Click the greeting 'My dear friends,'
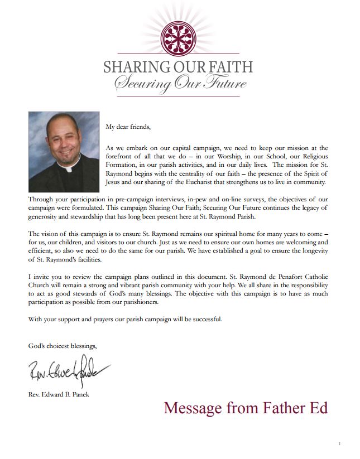coord(128,127)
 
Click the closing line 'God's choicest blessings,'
coord(63,346)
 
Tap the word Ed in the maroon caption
coord(318,408)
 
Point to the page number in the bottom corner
coord(339,443)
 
